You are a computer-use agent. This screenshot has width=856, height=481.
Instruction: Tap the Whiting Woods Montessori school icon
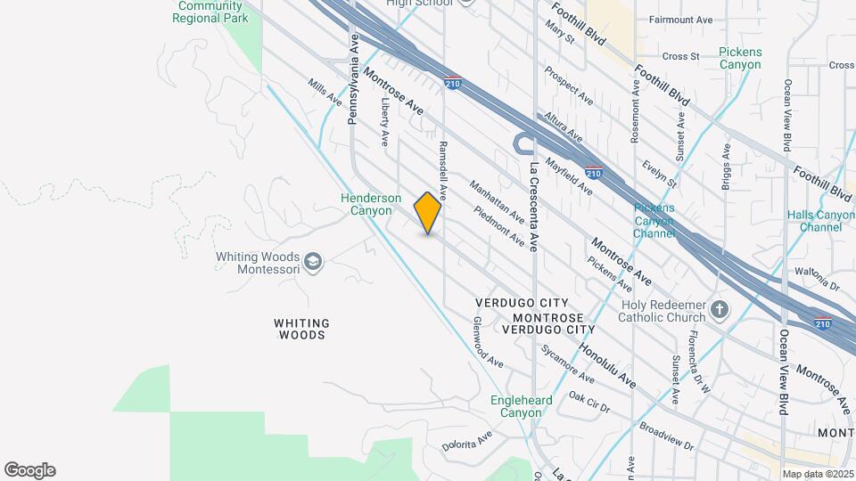tap(312, 261)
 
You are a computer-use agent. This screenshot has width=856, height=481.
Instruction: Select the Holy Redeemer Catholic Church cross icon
tap(720, 312)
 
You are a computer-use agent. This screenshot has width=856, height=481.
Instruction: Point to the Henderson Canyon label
tap(366, 204)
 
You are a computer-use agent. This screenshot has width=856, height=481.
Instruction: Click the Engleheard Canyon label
tap(516, 406)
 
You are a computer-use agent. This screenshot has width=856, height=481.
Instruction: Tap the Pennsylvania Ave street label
tap(353, 78)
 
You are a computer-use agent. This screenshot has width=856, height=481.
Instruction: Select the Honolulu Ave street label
tap(606, 365)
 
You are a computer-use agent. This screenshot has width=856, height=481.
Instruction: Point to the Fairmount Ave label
tap(681, 20)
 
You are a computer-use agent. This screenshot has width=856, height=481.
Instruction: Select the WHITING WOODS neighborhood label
tap(301, 329)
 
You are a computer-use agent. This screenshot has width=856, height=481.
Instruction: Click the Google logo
tap(29, 470)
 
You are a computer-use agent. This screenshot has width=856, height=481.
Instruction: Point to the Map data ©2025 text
tap(817, 474)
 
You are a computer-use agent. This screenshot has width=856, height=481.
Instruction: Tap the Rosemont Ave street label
tap(635, 111)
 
